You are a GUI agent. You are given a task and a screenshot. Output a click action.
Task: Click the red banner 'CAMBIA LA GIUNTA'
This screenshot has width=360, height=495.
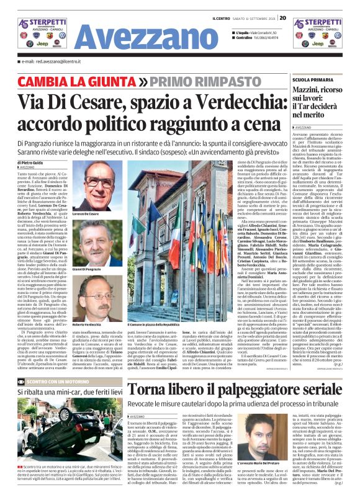point(63,82)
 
